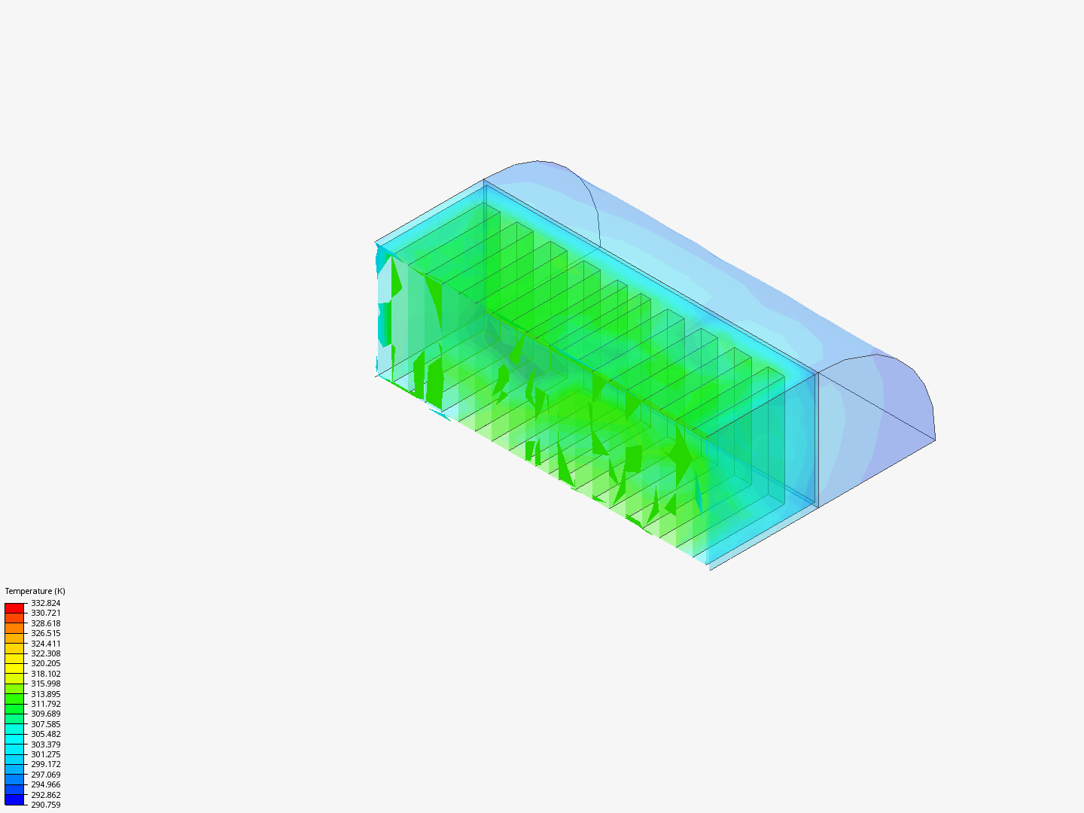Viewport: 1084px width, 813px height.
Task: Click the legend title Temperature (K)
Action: (x=35, y=591)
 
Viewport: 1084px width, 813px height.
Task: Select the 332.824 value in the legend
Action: (x=45, y=603)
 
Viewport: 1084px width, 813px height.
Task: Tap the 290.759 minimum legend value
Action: (x=45, y=805)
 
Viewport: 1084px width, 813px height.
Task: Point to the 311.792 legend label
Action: (x=45, y=704)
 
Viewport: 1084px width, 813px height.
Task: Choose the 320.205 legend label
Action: (x=45, y=663)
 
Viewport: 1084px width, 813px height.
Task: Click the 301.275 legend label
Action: (x=45, y=754)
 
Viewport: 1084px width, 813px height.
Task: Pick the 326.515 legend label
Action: (x=45, y=633)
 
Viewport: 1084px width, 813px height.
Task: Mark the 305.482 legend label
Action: (x=45, y=734)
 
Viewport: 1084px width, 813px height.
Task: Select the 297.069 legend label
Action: (x=45, y=775)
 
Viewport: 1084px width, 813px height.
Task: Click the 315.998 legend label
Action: (x=45, y=684)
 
